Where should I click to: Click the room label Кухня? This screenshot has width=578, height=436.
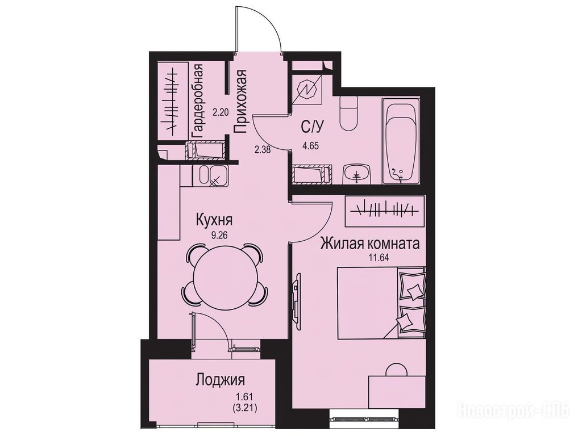click(x=214, y=221)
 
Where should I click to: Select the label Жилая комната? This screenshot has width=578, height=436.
click(x=370, y=244)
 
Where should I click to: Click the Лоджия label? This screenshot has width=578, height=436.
click(x=221, y=380)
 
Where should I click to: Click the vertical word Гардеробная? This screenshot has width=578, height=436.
click(x=197, y=101)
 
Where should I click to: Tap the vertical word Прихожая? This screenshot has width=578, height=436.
click(x=240, y=101)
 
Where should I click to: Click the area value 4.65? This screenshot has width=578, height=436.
click(x=310, y=146)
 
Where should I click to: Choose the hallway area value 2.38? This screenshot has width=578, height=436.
click(x=263, y=150)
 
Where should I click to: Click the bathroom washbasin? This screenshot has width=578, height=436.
click(x=357, y=174)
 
